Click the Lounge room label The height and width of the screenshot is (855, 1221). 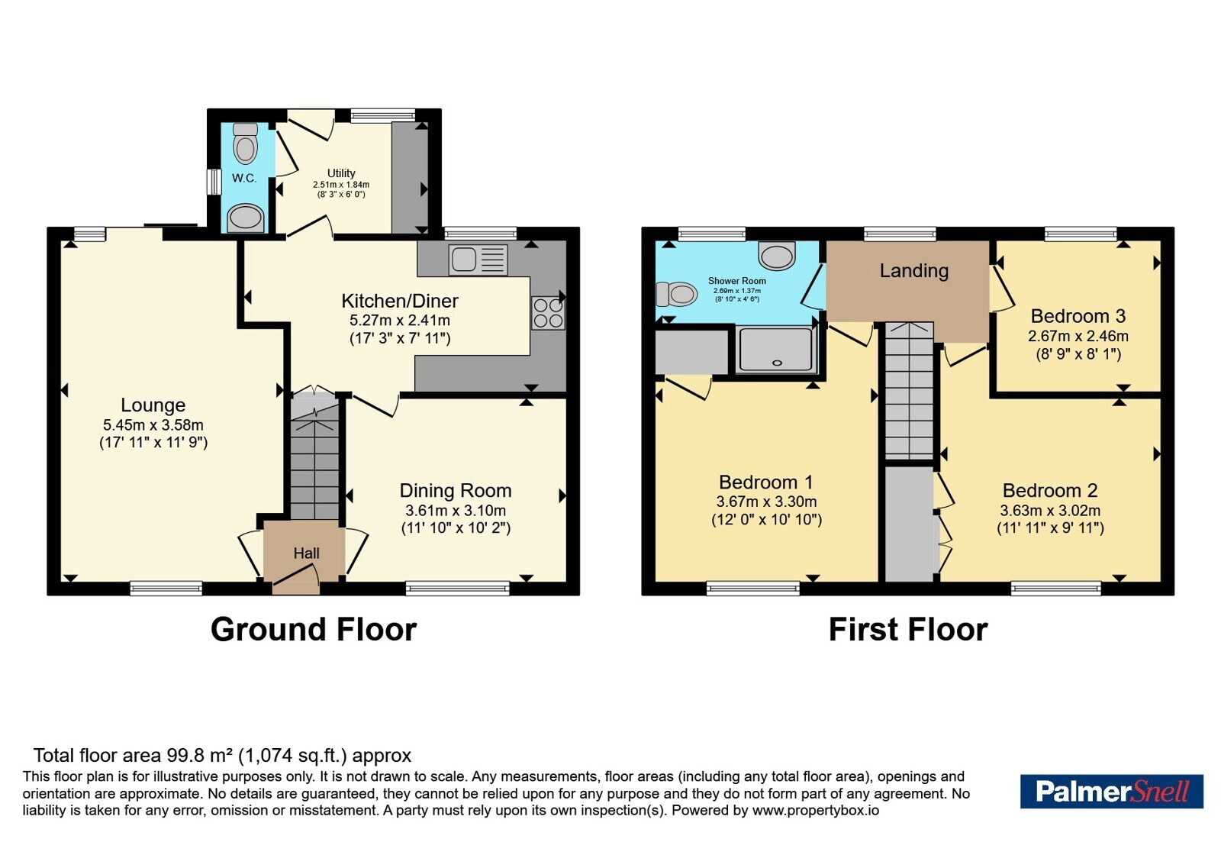pyautogui.click(x=153, y=405)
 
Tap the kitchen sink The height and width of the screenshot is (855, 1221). pyautogui.click(x=478, y=259)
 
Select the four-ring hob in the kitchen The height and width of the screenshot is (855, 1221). pyautogui.click(x=549, y=313)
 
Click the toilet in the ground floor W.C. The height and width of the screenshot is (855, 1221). pyautogui.click(x=245, y=144)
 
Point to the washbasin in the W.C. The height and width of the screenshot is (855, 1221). pyautogui.click(x=245, y=218)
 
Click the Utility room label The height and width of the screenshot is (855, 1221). pyautogui.click(x=341, y=173)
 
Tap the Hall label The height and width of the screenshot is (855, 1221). pyautogui.click(x=306, y=553)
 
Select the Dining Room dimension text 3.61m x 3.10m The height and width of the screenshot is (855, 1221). pyautogui.click(x=456, y=511)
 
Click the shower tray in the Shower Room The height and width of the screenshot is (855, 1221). pyautogui.click(x=776, y=350)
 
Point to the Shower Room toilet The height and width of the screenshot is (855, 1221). pyautogui.click(x=677, y=294)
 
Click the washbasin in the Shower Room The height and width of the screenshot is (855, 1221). pyautogui.click(x=778, y=255)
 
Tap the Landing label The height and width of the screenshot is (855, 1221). pyautogui.click(x=914, y=270)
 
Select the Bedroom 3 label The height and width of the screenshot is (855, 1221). pyautogui.click(x=1078, y=316)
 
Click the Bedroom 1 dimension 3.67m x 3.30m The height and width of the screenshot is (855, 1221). pyautogui.click(x=766, y=502)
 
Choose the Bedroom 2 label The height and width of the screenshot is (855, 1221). pyautogui.click(x=1050, y=491)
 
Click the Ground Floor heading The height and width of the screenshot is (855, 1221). pyautogui.click(x=314, y=629)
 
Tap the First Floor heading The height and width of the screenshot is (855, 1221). pyautogui.click(x=908, y=629)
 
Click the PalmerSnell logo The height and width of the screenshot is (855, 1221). pyautogui.click(x=1111, y=791)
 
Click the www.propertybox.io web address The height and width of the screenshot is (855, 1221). pyautogui.click(x=816, y=810)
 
